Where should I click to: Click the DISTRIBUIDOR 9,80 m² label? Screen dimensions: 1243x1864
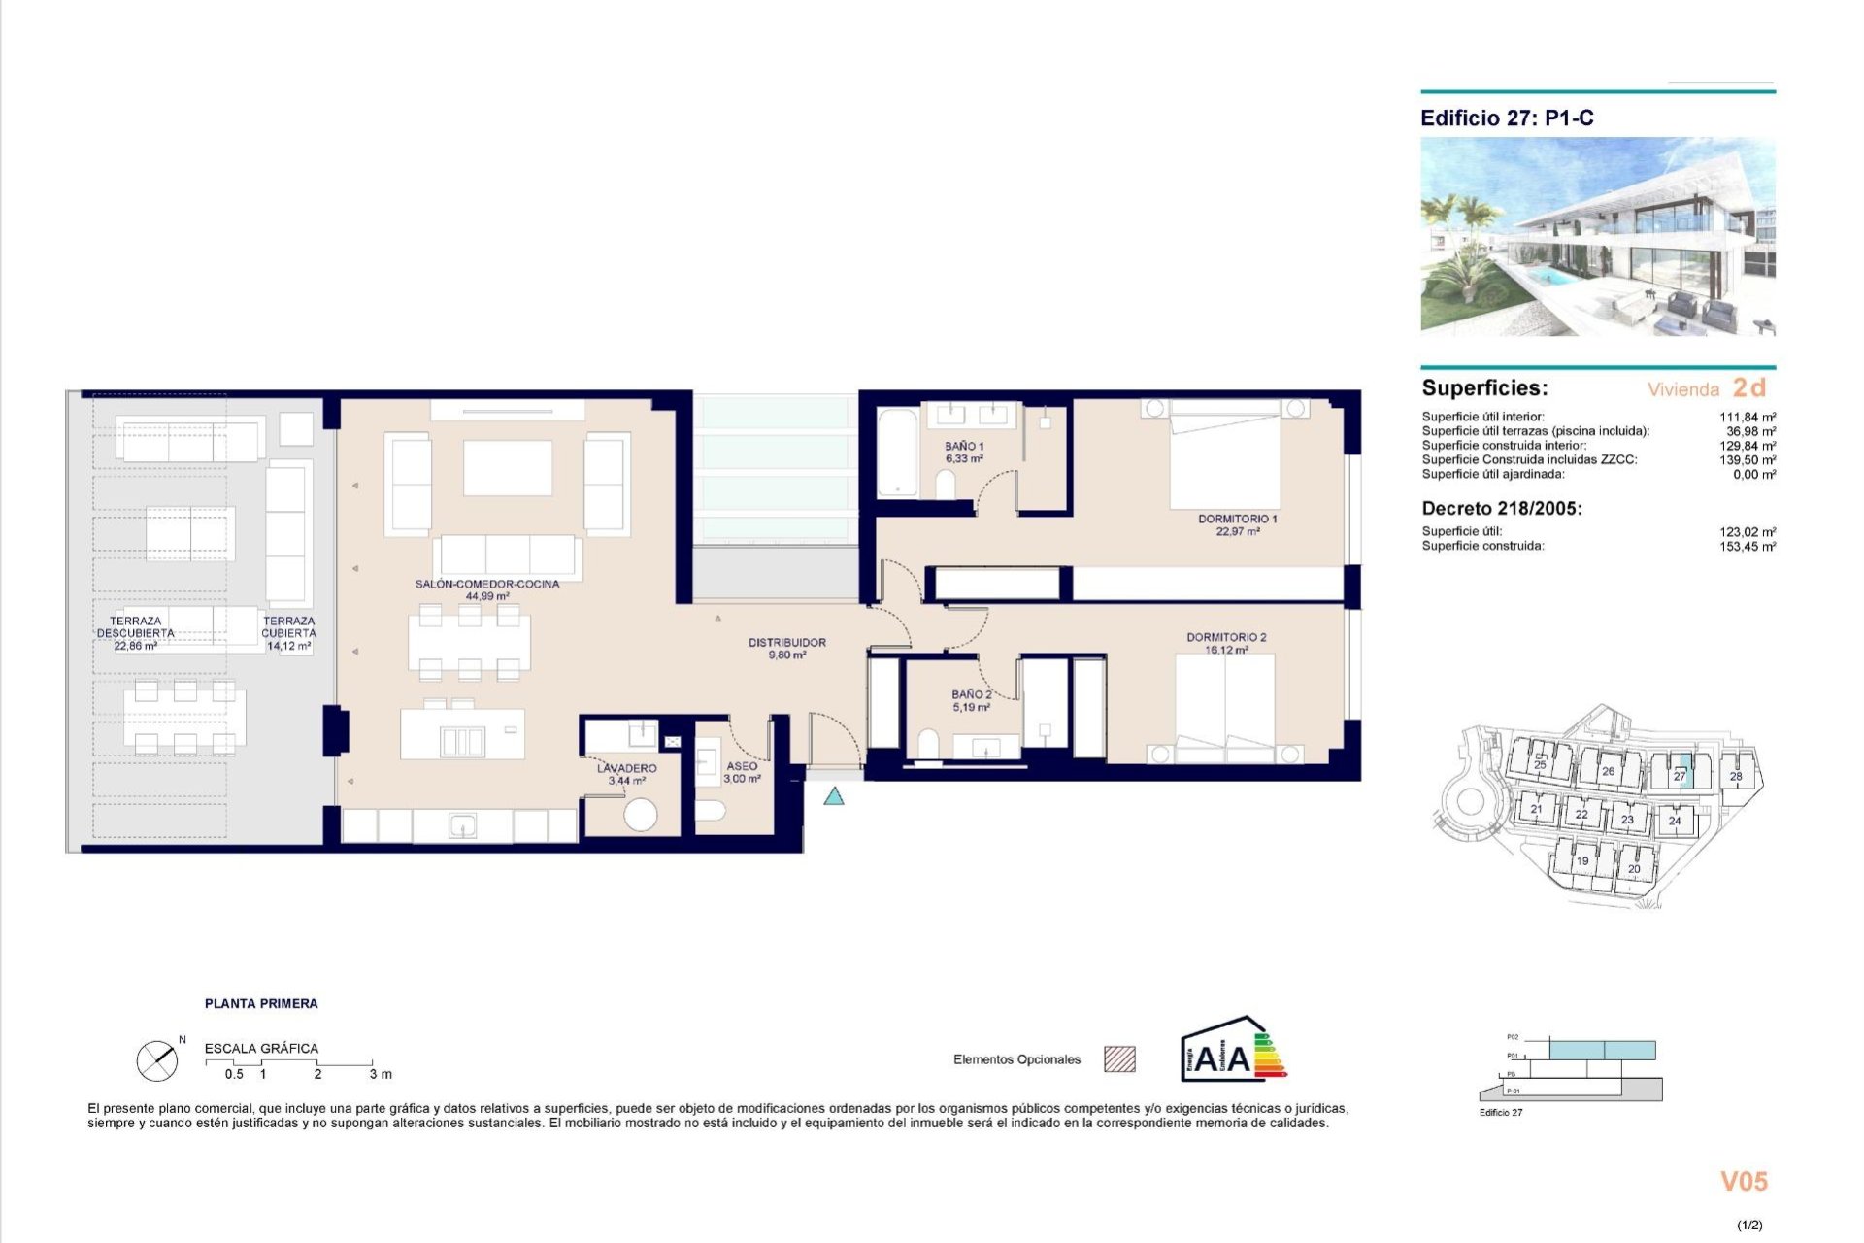(786, 649)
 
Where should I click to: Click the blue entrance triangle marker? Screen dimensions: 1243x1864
(834, 797)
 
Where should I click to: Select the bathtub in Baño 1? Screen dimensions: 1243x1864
(896, 454)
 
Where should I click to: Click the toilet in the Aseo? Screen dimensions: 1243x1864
(711, 810)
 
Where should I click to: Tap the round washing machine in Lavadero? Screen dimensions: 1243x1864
(640, 814)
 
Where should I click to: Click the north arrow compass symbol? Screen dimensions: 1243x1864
(157, 1060)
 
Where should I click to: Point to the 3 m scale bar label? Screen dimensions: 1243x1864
(381, 1074)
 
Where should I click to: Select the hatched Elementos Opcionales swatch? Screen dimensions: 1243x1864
(1119, 1059)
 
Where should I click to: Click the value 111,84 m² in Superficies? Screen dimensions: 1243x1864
(1747, 417)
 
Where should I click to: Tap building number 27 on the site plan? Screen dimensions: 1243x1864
(1679, 776)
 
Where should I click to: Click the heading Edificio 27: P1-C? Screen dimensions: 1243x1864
(1507, 118)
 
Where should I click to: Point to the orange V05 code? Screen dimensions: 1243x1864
(1744, 1182)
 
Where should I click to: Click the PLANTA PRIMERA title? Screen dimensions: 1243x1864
(261, 1003)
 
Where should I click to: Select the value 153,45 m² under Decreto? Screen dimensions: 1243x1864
(1747, 547)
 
